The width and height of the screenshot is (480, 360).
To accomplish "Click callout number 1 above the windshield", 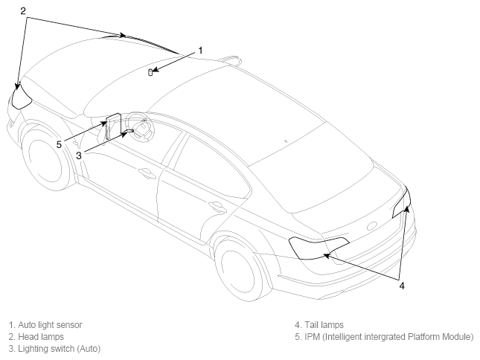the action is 200,51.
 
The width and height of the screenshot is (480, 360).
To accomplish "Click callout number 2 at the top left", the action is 23,11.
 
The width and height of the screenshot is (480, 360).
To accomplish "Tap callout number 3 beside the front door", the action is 79,155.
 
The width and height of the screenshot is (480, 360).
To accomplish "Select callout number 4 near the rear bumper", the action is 402,286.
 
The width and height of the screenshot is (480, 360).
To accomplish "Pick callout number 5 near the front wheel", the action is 59,144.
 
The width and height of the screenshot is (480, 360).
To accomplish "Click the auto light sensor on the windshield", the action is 150,72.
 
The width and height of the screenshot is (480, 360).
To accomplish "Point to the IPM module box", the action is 113,126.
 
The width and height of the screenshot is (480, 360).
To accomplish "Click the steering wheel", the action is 141,126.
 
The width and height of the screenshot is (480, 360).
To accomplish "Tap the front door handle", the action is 146,173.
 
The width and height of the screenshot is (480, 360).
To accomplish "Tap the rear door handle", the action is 217,207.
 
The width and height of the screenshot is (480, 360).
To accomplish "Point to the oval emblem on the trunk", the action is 373,226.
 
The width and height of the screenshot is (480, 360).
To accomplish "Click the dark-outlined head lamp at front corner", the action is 21,97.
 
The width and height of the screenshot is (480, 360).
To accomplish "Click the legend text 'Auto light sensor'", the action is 50,325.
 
